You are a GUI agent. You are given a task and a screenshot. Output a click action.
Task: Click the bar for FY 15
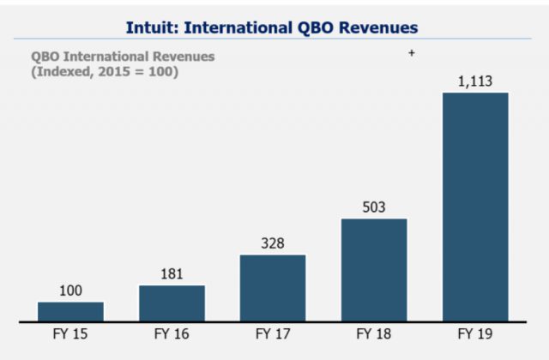tap(70, 311)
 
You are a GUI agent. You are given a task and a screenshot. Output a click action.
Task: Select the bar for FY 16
tap(172, 303)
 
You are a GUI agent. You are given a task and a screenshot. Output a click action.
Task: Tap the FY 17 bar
tap(273, 287)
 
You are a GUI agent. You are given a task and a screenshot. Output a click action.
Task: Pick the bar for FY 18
tap(374, 269)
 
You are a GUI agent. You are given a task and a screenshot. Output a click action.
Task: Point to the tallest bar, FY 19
tap(475, 206)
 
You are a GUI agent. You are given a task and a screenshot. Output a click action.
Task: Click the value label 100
tap(70, 291)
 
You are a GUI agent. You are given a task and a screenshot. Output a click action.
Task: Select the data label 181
tap(172, 274)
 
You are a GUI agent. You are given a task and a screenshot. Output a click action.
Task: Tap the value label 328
tap(273, 243)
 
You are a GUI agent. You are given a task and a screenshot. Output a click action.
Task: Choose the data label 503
tap(374, 207)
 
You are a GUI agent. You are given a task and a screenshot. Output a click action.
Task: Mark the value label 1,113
tap(475, 81)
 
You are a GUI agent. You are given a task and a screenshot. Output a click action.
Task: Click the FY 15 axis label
tap(70, 334)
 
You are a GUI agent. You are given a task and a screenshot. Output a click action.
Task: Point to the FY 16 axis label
tap(172, 334)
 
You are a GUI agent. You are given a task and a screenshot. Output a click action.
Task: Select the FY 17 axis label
tap(273, 334)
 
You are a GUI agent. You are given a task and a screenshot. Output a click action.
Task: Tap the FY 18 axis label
tap(374, 334)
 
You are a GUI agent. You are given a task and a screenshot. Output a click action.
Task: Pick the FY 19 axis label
tap(475, 334)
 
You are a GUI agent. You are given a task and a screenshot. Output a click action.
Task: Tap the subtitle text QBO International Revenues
tap(123, 57)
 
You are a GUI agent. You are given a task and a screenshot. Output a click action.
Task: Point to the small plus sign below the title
tap(412, 53)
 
